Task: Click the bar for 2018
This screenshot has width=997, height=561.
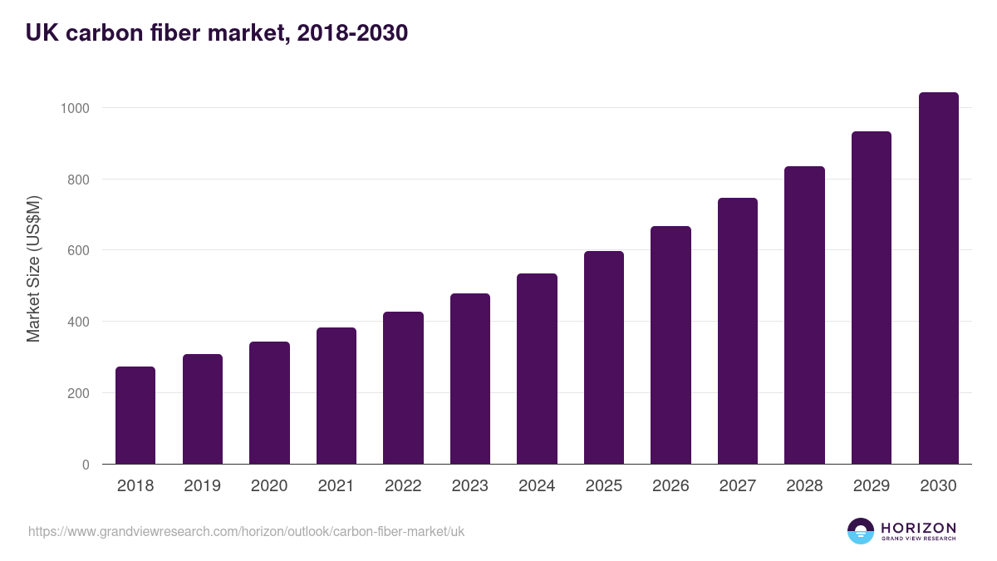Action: pos(135,416)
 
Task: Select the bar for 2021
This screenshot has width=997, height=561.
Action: pos(336,396)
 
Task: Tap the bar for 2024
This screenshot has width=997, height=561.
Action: pos(537,369)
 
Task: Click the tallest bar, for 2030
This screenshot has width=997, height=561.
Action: pos(938,278)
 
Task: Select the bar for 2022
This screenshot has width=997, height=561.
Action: pos(403,388)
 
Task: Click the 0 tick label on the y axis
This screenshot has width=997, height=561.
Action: pos(85,465)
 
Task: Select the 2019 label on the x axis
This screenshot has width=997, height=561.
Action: pos(202,486)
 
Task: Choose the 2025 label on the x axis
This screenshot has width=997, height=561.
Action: pos(603,486)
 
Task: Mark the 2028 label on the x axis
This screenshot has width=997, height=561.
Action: pos(804,486)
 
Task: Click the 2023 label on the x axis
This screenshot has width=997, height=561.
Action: pos(469,486)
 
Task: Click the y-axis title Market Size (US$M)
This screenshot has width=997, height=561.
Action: pos(33,268)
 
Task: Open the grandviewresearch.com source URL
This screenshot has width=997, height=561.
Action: pos(246,531)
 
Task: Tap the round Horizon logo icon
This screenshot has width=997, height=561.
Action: pos(861,531)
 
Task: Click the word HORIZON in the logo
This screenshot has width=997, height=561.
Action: pos(918,527)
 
